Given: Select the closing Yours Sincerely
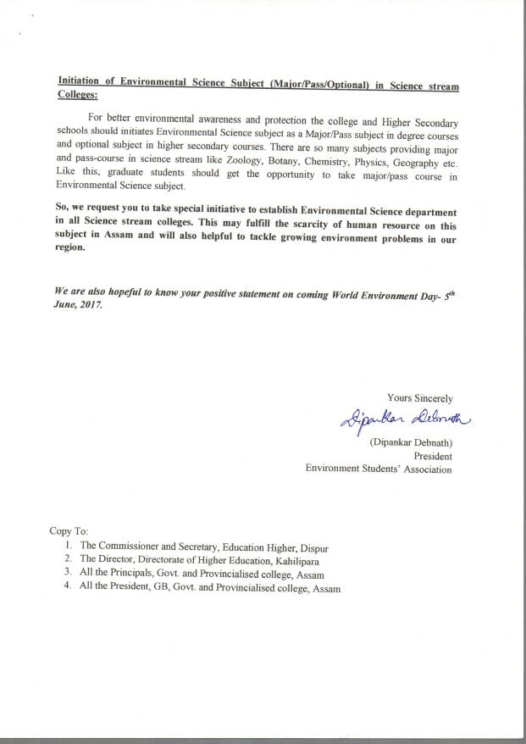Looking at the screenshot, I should tap(419, 397).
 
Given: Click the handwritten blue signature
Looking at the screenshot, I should tap(397, 419).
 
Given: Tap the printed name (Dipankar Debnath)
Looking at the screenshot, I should tap(410, 441).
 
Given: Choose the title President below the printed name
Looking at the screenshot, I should tap(432, 454).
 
